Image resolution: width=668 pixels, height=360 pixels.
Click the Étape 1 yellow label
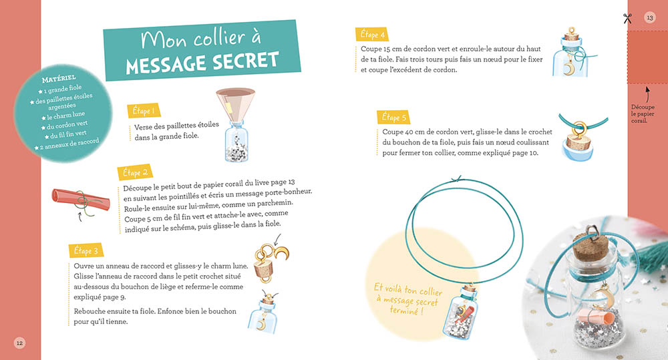pos(144,110)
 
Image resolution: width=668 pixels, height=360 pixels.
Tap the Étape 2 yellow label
pos(135,172)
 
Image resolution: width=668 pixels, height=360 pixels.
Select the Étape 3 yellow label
pos(86,250)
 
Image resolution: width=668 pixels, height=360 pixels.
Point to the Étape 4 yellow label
pos(372,35)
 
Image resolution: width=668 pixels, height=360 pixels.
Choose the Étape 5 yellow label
pos(393,117)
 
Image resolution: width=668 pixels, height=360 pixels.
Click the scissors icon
pos(627,18)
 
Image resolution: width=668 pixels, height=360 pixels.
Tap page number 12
pos(19,343)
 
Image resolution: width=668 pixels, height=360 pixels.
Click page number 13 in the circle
pos(650,17)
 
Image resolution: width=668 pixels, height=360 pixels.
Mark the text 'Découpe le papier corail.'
pos(643,114)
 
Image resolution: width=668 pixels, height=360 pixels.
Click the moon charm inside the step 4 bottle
pos(568,69)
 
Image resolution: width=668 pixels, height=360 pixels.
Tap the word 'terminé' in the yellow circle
pos(406,310)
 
